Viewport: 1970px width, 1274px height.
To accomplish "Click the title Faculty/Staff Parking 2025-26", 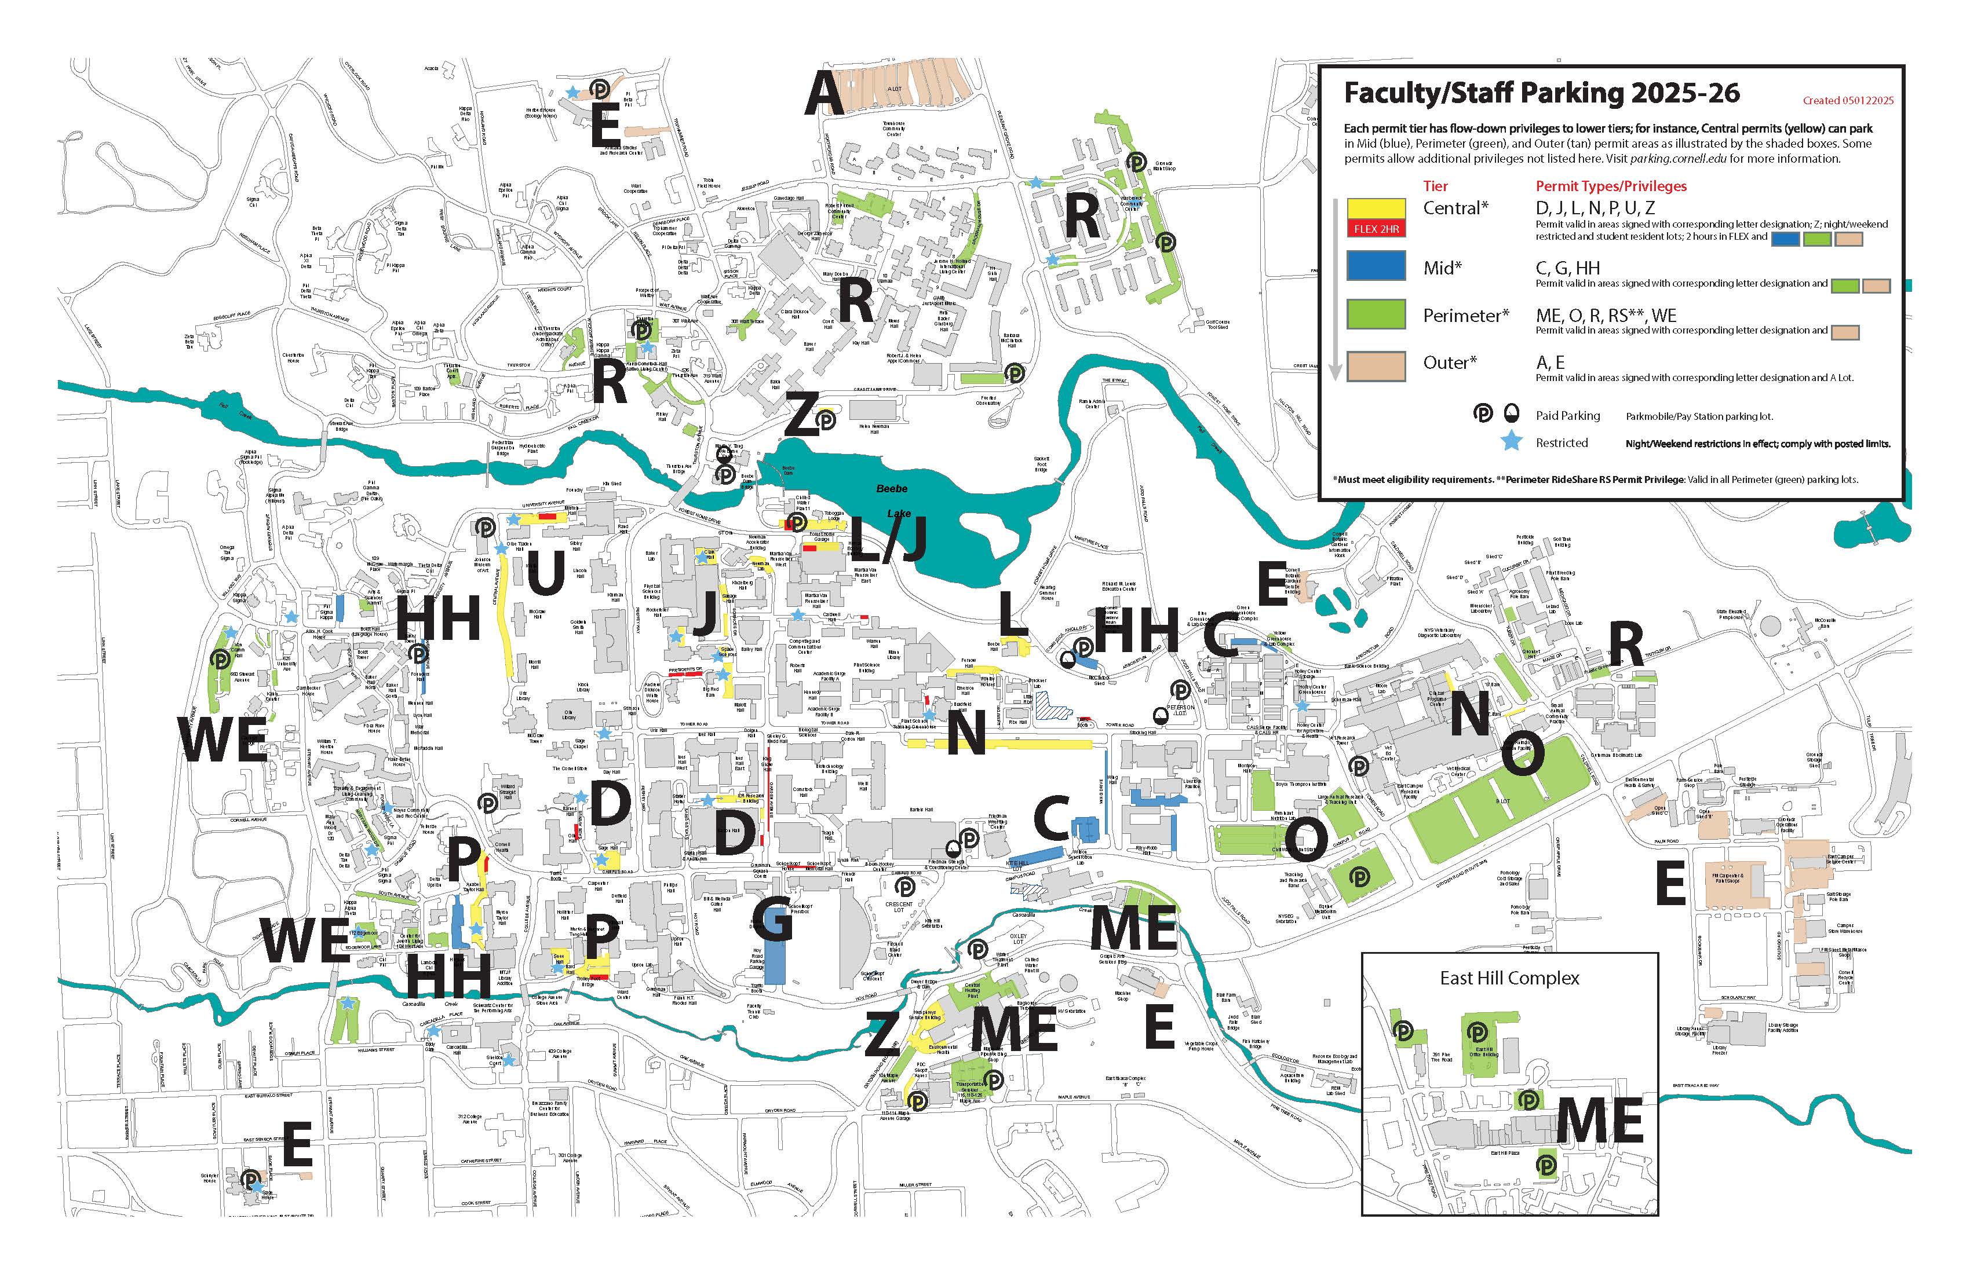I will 1541,93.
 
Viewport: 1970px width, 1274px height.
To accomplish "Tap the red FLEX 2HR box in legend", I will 1377,228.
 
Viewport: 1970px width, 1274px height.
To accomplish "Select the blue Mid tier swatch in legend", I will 1377,266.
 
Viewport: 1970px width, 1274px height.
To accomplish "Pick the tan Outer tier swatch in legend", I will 1377,364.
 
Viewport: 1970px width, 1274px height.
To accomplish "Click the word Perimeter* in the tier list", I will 1466,315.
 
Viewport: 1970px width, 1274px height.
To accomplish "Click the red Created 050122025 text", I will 1848,101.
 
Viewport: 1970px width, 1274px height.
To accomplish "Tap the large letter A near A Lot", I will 825,94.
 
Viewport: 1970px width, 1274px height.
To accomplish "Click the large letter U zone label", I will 545,573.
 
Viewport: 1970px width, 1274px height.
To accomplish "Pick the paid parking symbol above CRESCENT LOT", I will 906,887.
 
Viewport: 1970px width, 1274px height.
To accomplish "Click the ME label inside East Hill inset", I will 1599,1121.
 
